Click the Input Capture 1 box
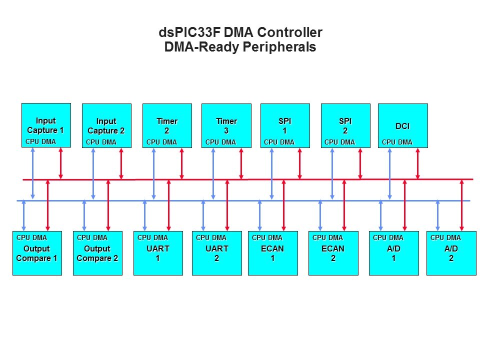pyautogui.click(x=45, y=125)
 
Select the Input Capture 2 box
pyautogui.click(x=106, y=125)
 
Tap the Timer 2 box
pyautogui.click(x=167, y=125)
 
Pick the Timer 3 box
pyautogui.click(x=226, y=125)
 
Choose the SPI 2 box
pyautogui.click(x=345, y=125)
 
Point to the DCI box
pyautogui.click(x=402, y=125)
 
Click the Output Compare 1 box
pyautogui.click(x=37, y=253)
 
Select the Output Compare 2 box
pyautogui.click(x=97, y=253)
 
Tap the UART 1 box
pyautogui.click(x=158, y=253)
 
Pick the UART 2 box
pyautogui.click(x=216, y=253)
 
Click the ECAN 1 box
pyautogui.click(x=272, y=253)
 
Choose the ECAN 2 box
pyautogui.click(x=333, y=253)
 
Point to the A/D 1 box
pyautogui.click(x=393, y=253)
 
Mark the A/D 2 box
pyautogui.click(x=451, y=253)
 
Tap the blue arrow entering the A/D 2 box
pyautogui.click(x=438, y=215)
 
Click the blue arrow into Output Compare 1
pyautogui.click(x=24, y=215)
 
